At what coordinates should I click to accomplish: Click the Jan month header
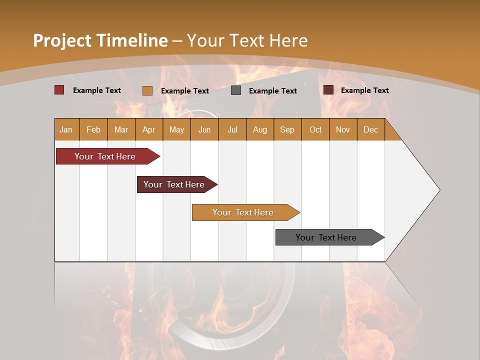pyautogui.click(x=66, y=129)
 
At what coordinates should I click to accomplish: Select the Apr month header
pyautogui.click(x=149, y=129)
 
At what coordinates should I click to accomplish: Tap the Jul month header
pyautogui.click(x=232, y=129)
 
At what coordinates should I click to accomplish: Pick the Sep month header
pyautogui.click(x=287, y=129)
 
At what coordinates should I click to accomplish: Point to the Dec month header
pyautogui.click(x=370, y=129)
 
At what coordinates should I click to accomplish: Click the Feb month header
pyautogui.click(x=93, y=129)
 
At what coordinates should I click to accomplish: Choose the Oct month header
pyautogui.click(x=315, y=129)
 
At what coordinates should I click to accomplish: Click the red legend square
pyautogui.click(x=59, y=90)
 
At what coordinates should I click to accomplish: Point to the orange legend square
pyautogui.click(x=147, y=90)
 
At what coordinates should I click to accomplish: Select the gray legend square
pyautogui.click(x=236, y=90)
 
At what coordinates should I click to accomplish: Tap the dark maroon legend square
pyautogui.click(x=328, y=90)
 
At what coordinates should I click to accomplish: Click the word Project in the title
pyautogui.click(x=63, y=40)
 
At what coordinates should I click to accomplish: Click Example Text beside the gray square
pyautogui.click(x=272, y=91)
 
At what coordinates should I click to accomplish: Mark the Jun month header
pyautogui.click(x=204, y=129)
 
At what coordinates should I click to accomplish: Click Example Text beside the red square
pyautogui.click(x=97, y=90)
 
